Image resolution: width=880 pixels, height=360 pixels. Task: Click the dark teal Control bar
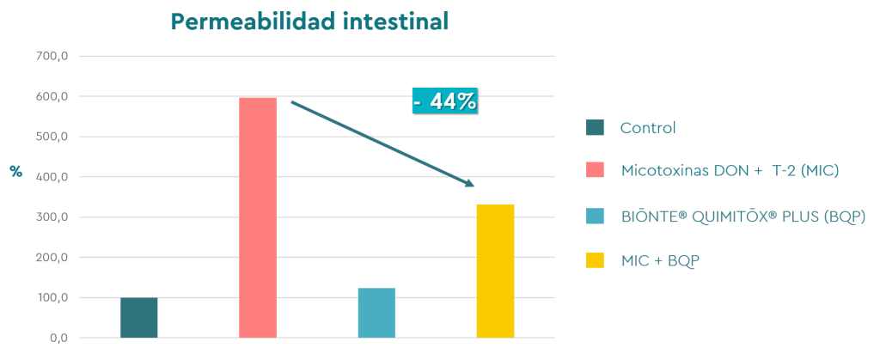[138, 317]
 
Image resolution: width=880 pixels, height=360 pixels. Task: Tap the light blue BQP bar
[376, 313]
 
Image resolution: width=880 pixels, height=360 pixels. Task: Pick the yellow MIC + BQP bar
[495, 271]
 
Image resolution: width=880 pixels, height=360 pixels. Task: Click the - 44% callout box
[444, 101]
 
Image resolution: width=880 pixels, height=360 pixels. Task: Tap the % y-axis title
[15, 172]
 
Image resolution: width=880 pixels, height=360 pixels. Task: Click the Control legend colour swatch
[595, 128]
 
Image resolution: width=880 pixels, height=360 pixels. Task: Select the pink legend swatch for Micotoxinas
[595, 170]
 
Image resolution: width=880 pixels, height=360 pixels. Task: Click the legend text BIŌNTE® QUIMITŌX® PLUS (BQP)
[742, 216]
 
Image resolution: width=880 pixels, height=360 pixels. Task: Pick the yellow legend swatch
[595, 259]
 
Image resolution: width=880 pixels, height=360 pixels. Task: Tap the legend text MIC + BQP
[660, 259]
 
